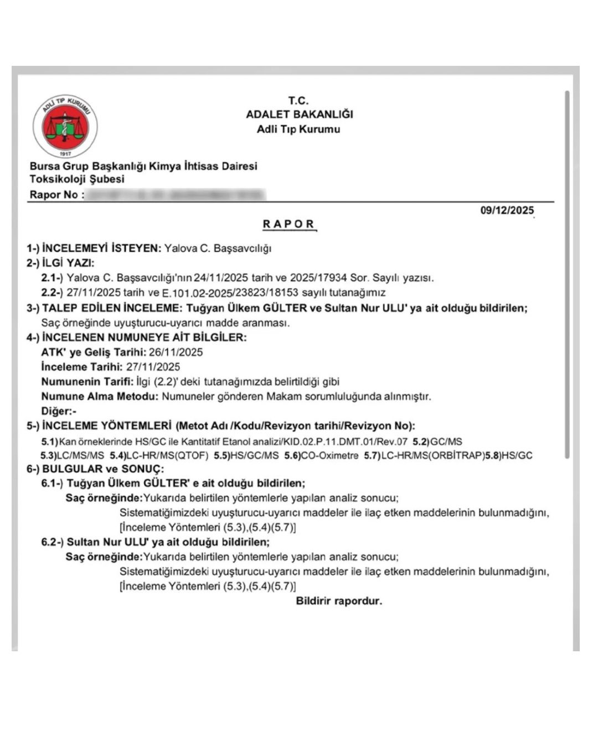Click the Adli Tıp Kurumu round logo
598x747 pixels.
65,127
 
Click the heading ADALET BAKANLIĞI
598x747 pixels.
299,115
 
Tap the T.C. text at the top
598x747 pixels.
298,101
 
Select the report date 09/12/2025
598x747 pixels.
507,210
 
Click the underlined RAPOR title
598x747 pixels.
288,224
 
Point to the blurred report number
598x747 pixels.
177,195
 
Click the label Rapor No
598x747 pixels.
54,195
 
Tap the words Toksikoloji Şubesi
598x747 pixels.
77,179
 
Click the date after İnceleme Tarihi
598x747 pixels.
153,367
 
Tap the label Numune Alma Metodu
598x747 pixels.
100,396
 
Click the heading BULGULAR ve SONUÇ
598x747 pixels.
103,469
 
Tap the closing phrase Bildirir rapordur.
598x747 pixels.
339,601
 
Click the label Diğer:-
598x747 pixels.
59,411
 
